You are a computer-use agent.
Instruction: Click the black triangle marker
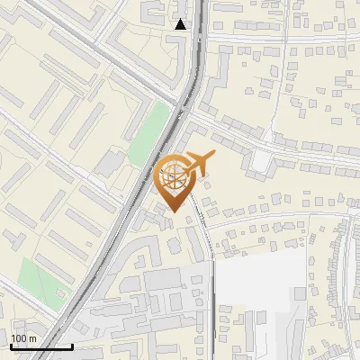[x=181, y=24]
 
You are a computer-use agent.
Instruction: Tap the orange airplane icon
[x=195, y=165]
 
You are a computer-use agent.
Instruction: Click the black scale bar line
[x=41, y=346]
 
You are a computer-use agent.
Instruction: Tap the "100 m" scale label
[x=24, y=337]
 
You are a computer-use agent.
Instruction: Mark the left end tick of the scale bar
[x=11, y=345]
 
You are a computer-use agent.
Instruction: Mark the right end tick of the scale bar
[x=72, y=345]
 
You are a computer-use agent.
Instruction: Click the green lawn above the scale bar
[x=40, y=280]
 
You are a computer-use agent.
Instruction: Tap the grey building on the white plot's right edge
[x=300, y=293]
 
